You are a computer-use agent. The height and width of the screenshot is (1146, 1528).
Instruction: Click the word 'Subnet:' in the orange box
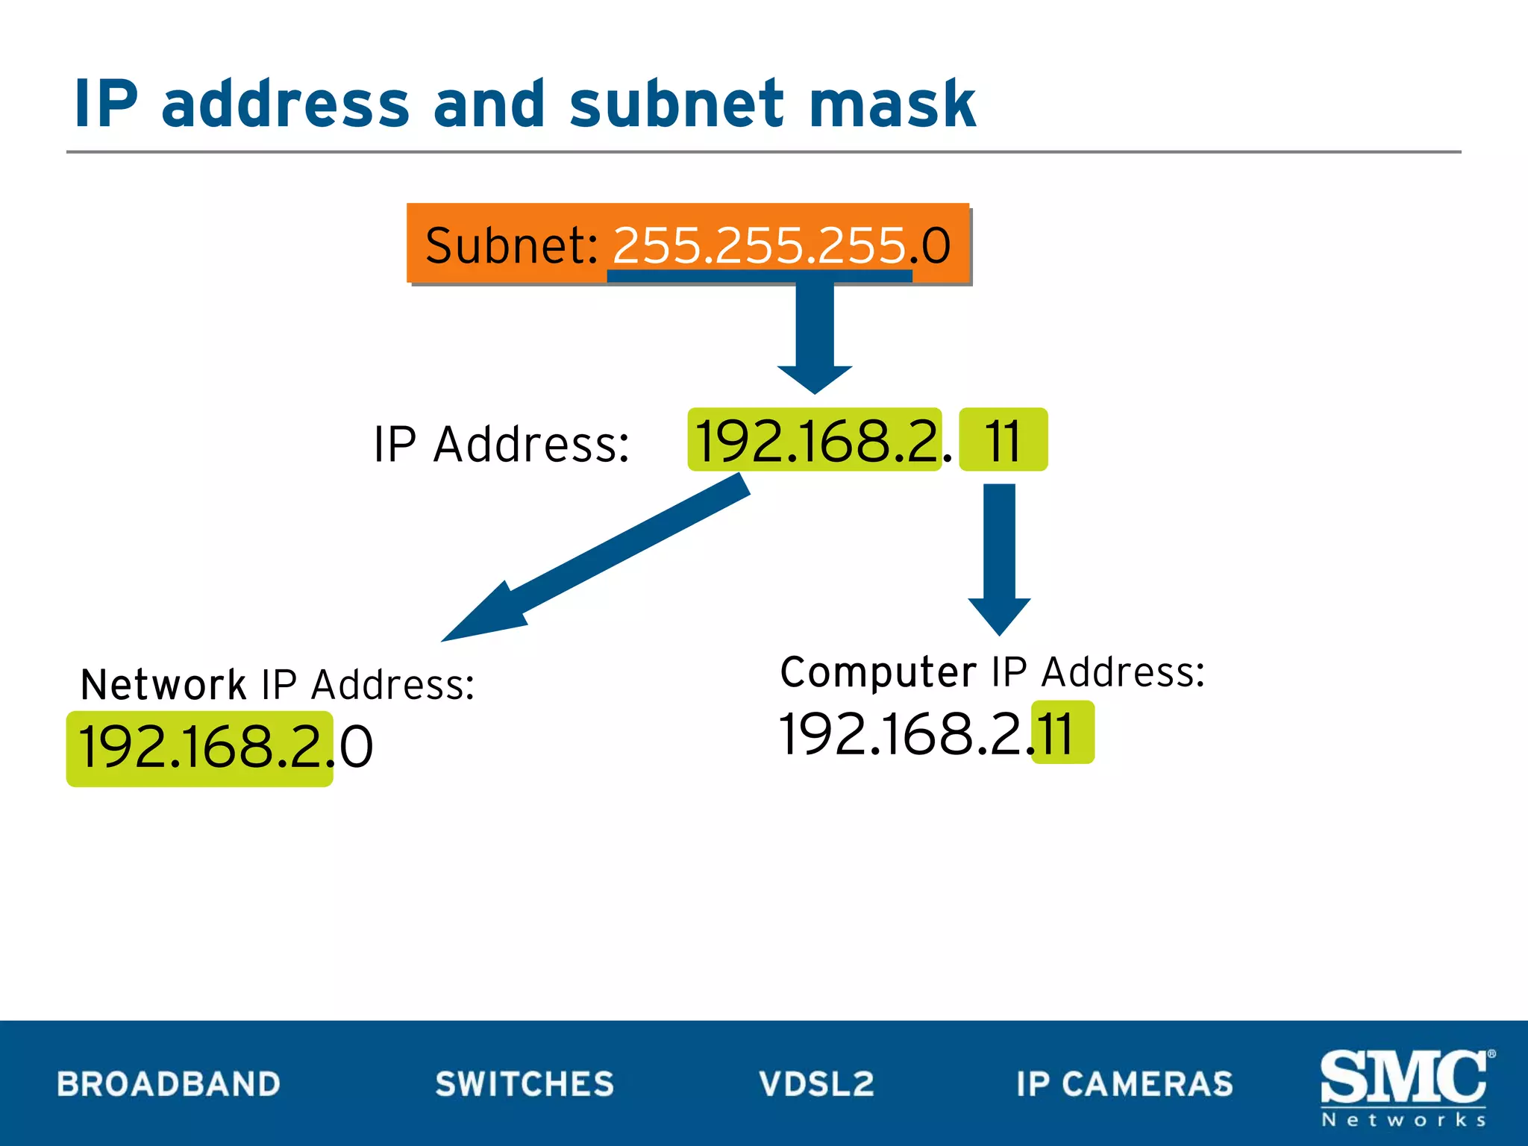pyautogui.click(x=512, y=245)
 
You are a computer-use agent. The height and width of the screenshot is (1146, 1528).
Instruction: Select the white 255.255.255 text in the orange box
pyautogui.click(x=759, y=245)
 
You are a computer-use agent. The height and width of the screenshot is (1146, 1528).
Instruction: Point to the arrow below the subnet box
pyautogui.click(x=815, y=336)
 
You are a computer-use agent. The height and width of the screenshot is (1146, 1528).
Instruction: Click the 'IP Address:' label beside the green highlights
pyautogui.click(x=501, y=445)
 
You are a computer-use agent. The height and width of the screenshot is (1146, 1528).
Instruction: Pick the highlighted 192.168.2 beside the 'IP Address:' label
pyautogui.click(x=815, y=440)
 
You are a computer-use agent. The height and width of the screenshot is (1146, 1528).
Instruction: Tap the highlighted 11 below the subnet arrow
pyautogui.click(x=1003, y=440)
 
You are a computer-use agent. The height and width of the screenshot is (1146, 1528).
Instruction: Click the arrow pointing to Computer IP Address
pyautogui.click(x=1000, y=560)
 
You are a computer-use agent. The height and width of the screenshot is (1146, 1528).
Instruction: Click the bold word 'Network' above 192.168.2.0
pyautogui.click(x=163, y=684)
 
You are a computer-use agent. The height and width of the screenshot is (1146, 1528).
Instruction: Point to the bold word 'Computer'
pyautogui.click(x=877, y=671)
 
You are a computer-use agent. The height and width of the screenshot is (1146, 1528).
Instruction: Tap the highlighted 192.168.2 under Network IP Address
pyautogui.click(x=200, y=748)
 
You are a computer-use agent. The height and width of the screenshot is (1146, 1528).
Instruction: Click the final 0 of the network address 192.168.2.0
pyautogui.click(x=356, y=748)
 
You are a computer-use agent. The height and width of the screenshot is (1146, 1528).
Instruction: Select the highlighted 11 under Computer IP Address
pyautogui.click(x=1062, y=733)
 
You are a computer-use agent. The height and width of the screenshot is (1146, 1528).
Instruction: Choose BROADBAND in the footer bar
pyautogui.click(x=169, y=1084)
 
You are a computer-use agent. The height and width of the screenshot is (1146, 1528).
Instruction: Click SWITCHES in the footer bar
pyautogui.click(x=525, y=1084)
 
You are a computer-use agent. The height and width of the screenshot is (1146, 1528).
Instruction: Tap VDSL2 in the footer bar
pyautogui.click(x=816, y=1084)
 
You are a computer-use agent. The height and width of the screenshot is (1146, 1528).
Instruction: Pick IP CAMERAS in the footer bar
pyautogui.click(x=1124, y=1084)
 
